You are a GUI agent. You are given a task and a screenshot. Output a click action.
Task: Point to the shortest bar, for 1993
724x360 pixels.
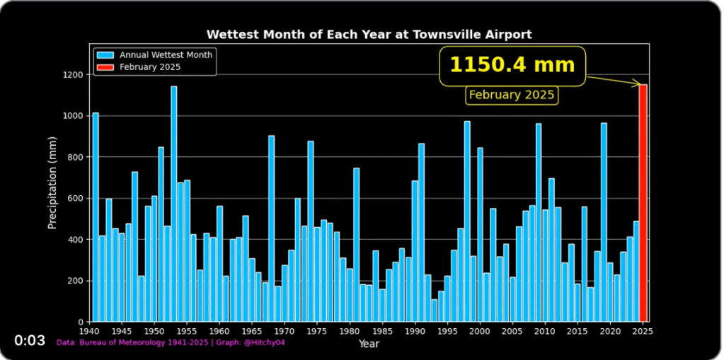(435, 311)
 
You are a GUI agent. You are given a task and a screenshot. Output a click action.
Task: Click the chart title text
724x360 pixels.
(369, 34)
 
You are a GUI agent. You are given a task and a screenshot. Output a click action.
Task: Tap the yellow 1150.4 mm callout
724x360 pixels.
(512, 66)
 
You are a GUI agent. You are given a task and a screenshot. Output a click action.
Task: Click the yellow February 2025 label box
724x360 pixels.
(512, 95)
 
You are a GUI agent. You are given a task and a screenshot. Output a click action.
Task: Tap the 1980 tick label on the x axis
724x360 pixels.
(350, 330)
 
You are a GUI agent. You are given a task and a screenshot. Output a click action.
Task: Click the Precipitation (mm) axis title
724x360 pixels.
(52, 183)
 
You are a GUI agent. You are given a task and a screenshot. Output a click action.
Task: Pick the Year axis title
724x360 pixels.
(369, 343)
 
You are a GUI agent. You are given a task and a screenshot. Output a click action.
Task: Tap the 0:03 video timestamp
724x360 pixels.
(30, 341)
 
